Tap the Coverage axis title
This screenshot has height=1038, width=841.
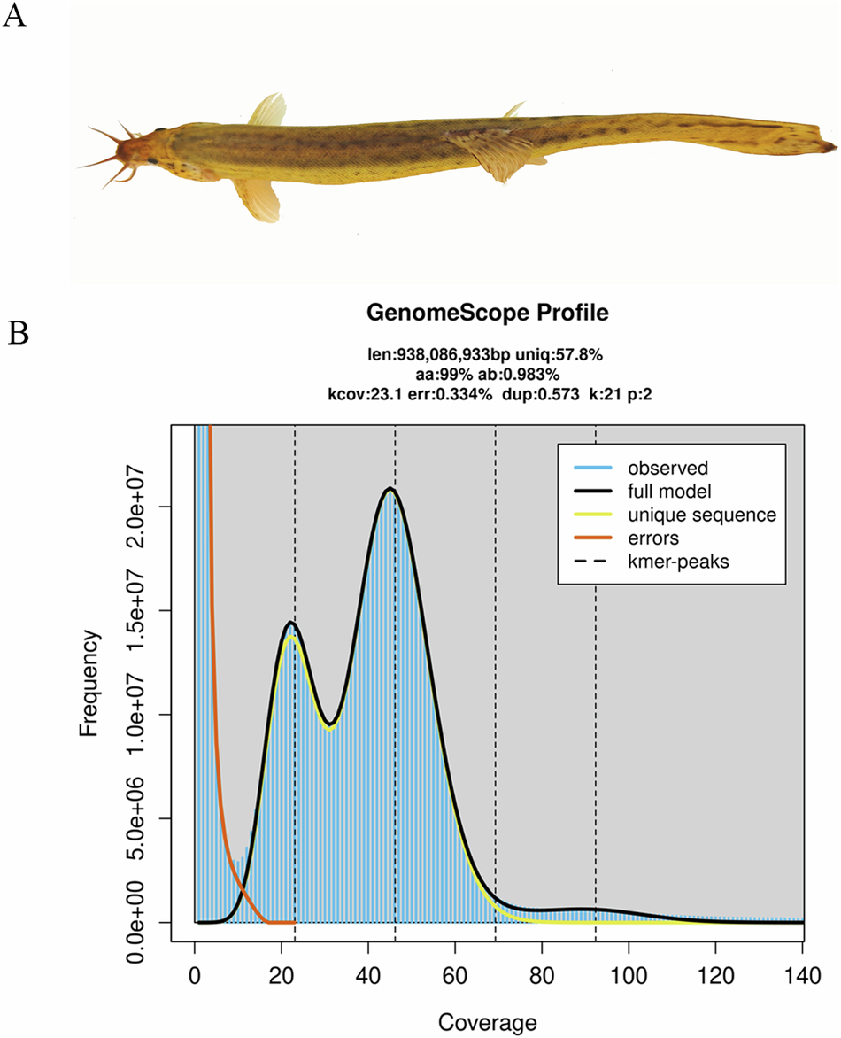pyautogui.click(x=498, y=1023)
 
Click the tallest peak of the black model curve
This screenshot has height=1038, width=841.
pyautogui.click(x=390, y=488)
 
